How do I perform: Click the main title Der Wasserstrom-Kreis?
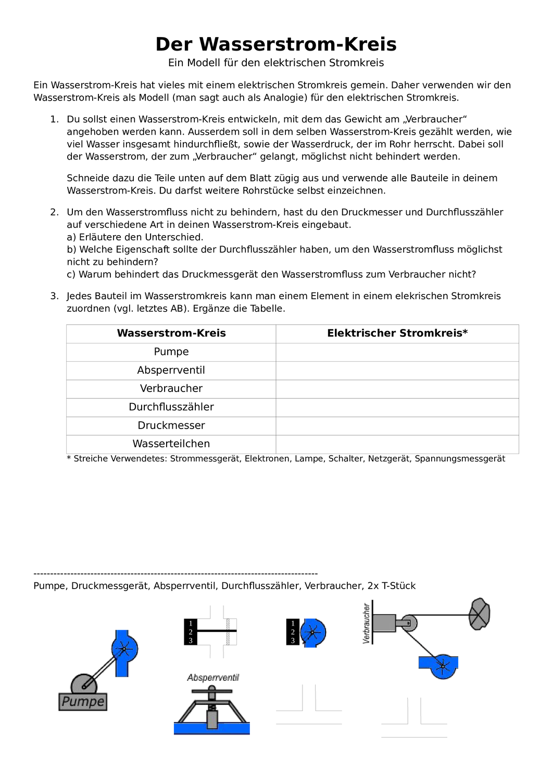[x=276, y=44]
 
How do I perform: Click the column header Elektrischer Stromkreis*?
[x=397, y=333]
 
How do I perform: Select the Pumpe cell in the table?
[x=171, y=352]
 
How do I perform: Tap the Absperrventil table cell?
[x=171, y=370]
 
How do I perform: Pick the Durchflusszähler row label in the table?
[x=171, y=407]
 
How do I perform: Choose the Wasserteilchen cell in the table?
[x=171, y=444]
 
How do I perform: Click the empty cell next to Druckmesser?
[x=397, y=425]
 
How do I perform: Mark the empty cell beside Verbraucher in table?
[x=397, y=388]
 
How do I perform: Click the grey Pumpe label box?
[x=83, y=702]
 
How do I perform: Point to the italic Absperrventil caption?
[x=213, y=678]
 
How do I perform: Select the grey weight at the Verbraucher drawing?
[x=480, y=614]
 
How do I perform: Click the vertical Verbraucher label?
[x=367, y=623]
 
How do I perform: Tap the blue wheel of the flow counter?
[x=312, y=633]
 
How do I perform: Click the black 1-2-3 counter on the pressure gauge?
[x=191, y=632]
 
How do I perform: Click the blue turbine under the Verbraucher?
[x=442, y=666]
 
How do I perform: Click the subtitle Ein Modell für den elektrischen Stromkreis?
[x=276, y=63]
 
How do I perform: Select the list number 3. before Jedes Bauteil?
[x=55, y=296]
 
